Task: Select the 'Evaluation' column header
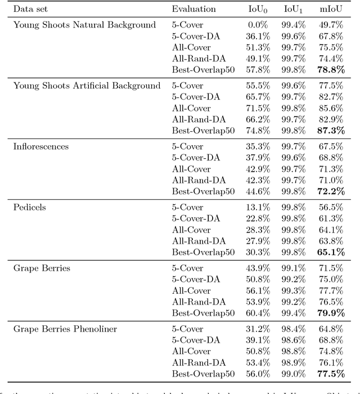point(193,9)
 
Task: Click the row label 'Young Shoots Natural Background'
point(84,25)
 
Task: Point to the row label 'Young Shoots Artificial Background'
point(87,86)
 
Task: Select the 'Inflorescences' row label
point(41,146)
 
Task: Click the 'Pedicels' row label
point(30,207)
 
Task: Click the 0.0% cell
point(258,25)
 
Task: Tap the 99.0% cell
point(292,374)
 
